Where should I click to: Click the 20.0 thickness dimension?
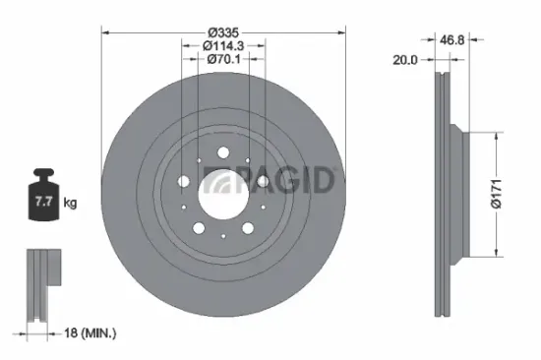click(404, 59)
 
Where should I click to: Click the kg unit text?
click(70, 204)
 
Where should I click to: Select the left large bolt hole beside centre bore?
click(184, 180)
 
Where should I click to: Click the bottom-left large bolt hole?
click(199, 227)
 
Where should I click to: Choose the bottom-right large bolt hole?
click(247, 227)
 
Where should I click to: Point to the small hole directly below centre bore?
click(222, 233)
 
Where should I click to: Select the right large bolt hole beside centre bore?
click(262, 180)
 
